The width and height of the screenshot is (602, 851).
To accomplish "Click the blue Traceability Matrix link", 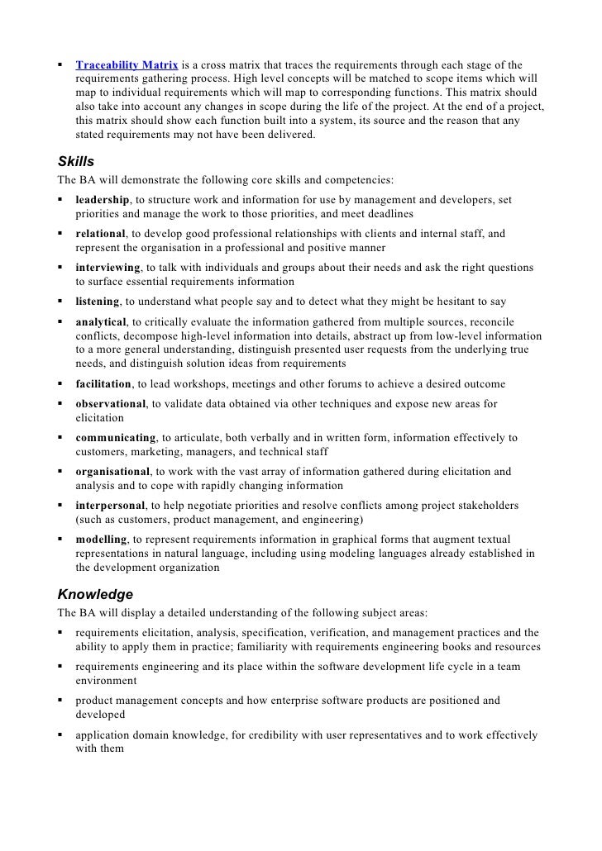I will click(127, 64).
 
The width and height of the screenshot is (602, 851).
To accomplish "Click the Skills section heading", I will click(75, 161).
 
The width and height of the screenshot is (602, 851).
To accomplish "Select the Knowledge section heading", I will click(95, 594).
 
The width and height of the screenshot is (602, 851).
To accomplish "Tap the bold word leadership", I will click(103, 200).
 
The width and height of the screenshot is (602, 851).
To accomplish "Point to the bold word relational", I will click(100, 234).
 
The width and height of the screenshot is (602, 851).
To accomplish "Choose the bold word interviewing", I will click(107, 268).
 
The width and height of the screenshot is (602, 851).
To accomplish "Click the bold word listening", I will click(98, 302).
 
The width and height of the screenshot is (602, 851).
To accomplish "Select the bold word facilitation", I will click(103, 383).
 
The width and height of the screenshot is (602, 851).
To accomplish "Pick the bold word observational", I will click(111, 404).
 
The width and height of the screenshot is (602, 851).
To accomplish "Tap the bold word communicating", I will click(116, 438).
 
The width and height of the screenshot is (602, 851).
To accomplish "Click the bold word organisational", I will click(113, 472).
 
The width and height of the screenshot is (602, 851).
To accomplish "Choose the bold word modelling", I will click(101, 539).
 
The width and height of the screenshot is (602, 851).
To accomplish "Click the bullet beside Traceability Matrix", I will click(61, 64).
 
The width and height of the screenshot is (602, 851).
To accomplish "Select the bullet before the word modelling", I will click(61, 539).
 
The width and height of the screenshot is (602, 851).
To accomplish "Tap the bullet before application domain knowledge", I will click(61, 735).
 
